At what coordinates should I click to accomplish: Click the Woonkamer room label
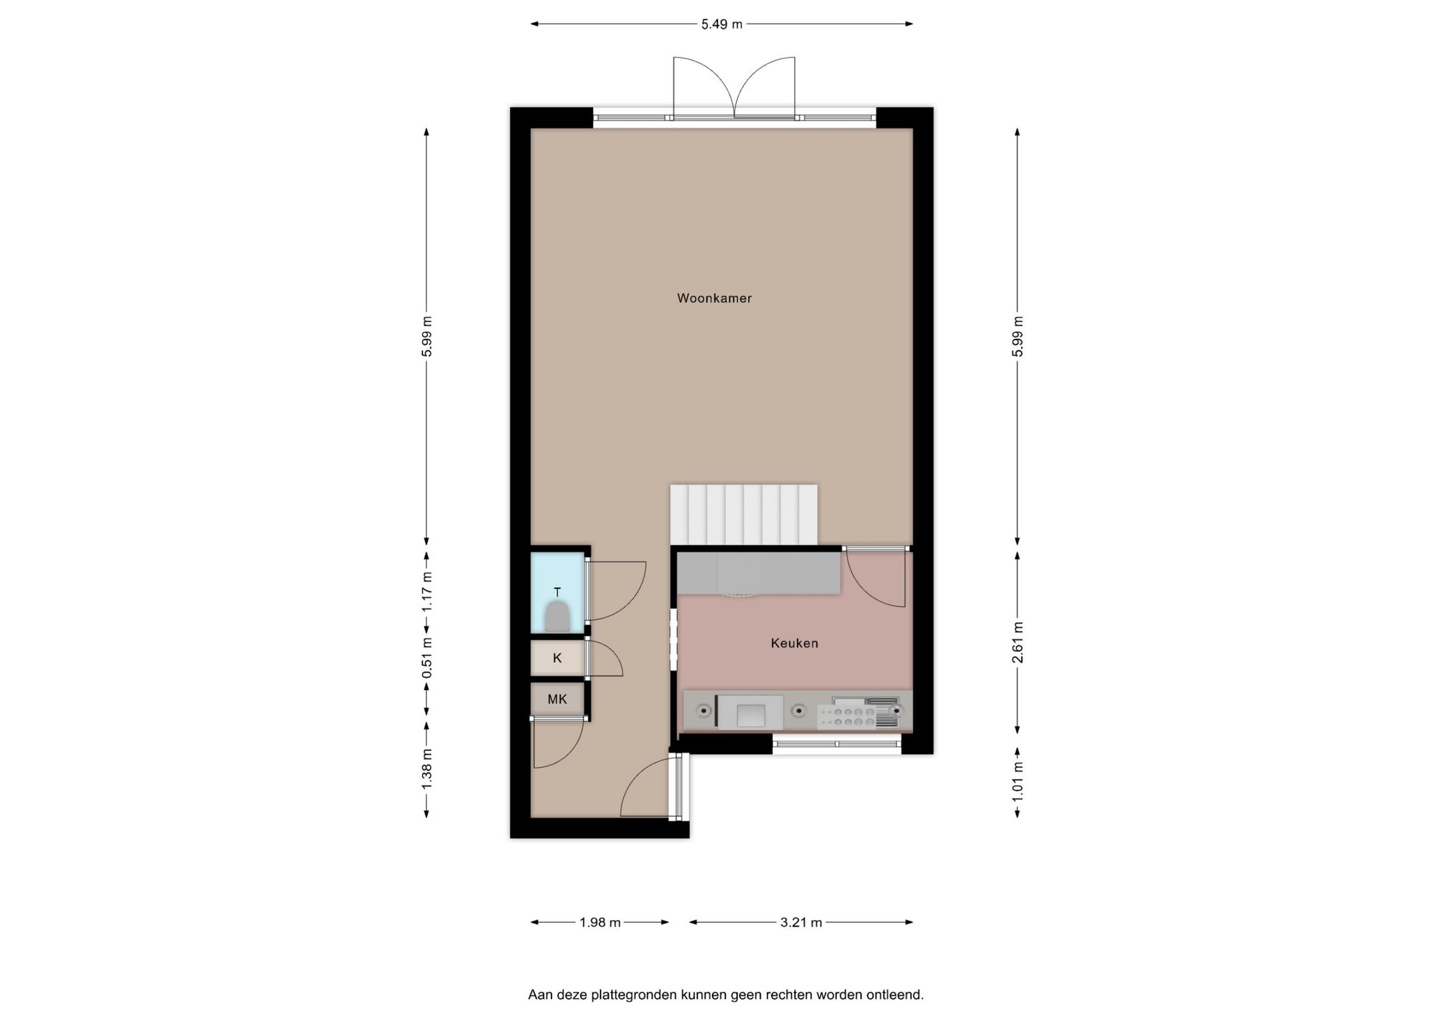714,298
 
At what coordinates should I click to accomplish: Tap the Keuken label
794,643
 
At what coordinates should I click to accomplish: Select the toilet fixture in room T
557,616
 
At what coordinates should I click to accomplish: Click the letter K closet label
557,658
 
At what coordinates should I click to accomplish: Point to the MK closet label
557,699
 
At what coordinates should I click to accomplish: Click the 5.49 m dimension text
721,25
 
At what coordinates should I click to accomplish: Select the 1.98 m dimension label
600,923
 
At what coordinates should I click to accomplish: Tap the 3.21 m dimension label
801,923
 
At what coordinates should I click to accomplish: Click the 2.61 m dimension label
1017,642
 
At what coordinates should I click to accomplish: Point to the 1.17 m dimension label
427,591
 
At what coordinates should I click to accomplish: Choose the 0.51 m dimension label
427,658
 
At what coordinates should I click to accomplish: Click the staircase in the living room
743,514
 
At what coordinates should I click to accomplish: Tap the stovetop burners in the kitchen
846,717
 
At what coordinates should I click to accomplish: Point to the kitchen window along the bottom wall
836,744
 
